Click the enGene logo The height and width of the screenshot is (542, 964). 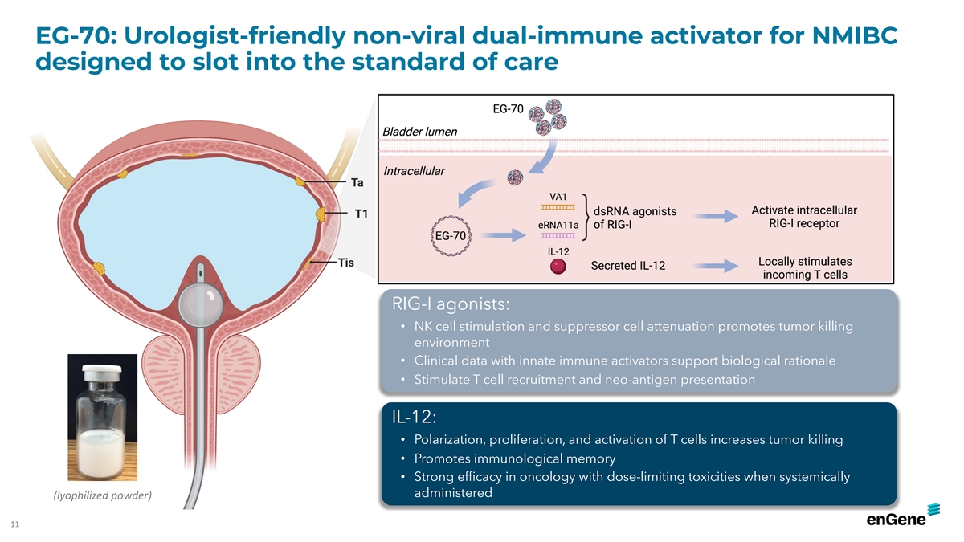[x=903, y=515]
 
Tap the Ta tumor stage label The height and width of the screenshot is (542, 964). [x=357, y=183]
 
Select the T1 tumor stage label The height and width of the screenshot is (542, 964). [x=361, y=214]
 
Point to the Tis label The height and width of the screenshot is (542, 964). [x=345, y=263]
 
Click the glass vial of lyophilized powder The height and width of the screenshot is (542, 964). [x=102, y=422]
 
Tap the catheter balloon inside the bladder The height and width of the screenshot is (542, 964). [x=201, y=304]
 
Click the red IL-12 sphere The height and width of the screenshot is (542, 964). [x=558, y=267]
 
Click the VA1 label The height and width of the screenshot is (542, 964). [x=558, y=197]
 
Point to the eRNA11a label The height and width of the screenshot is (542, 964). [x=558, y=225]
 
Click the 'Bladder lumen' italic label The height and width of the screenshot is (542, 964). [x=419, y=132]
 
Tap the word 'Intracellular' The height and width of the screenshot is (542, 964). [x=414, y=171]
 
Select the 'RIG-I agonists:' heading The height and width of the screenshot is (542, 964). [x=451, y=304]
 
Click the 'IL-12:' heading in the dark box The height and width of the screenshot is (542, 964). [x=414, y=417]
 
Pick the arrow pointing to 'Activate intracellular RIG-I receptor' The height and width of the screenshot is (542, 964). [x=716, y=216]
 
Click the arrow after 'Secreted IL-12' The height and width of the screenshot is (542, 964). [x=716, y=266]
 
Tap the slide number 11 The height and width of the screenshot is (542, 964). [x=15, y=524]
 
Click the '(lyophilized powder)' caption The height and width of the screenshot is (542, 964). [x=103, y=495]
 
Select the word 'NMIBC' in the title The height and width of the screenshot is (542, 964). [x=855, y=35]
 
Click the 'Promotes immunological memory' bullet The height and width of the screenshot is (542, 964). [x=515, y=458]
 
